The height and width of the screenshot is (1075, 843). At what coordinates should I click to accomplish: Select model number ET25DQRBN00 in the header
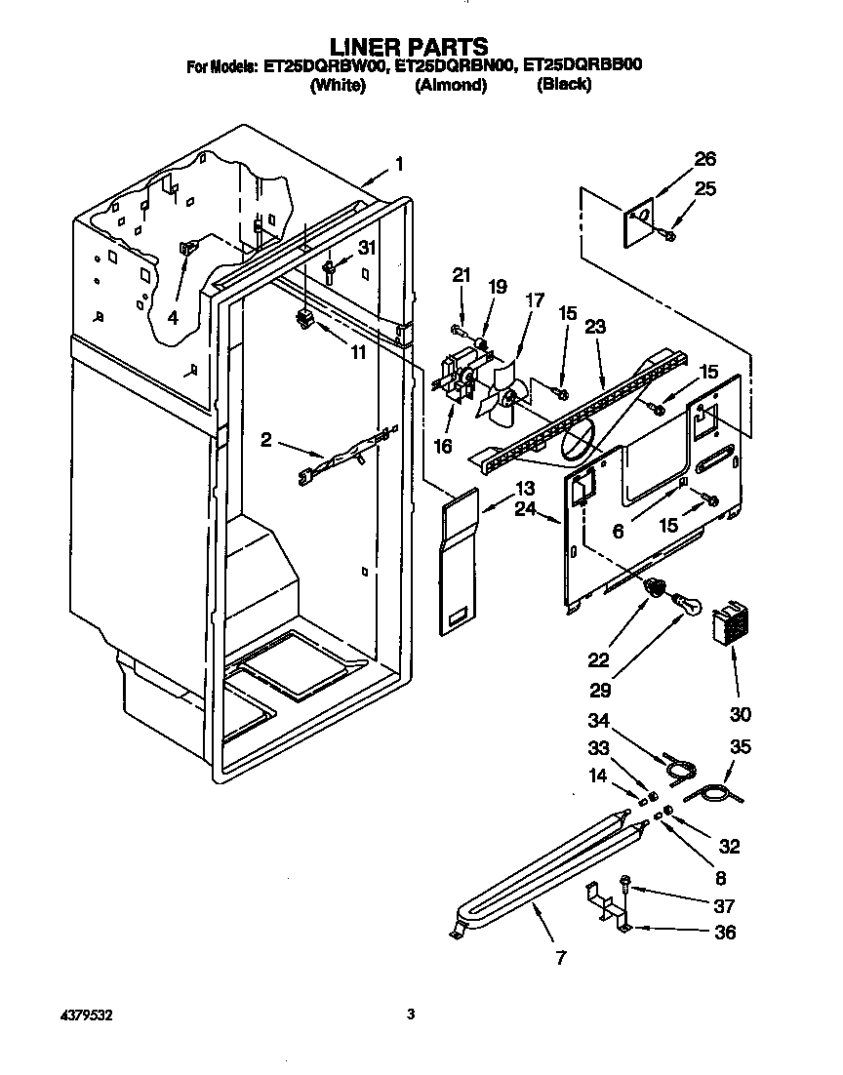[x=455, y=66]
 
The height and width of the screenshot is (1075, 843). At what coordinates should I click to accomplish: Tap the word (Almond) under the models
[x=450, y=86]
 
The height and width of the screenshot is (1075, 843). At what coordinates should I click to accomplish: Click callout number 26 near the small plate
[x=704, y=159]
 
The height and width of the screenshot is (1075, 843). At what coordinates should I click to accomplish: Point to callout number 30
[x=740, y=714]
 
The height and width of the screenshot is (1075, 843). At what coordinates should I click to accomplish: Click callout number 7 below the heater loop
[x=560, y=957]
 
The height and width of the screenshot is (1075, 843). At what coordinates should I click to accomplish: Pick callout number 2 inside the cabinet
[x=266, y=440]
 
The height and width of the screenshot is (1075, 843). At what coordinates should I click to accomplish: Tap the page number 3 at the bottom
[x=411, y=1015]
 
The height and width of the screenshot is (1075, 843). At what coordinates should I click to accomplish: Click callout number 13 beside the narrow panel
[x=525, y=488]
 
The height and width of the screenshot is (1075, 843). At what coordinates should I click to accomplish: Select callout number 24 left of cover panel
[x=525, y=508]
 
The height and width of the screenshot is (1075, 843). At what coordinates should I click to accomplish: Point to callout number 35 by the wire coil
[x=742, y=747]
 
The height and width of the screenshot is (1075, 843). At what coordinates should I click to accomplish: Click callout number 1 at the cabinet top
[x=399, y=164]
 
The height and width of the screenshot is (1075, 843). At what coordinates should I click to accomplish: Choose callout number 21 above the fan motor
[x=462, y=276]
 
